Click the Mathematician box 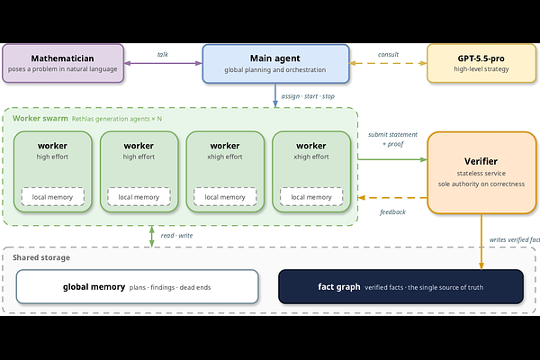pos(63,63)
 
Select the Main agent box pos(276,64)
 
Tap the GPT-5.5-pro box pos(481,63)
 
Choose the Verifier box pos(481,173)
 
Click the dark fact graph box pos(400,286)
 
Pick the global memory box pos(137,286)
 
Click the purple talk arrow pos(163,63)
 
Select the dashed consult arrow pos(388,63)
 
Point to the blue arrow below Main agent pos(275,95)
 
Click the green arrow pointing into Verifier pos(392,159)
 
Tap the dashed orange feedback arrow pos(392,198)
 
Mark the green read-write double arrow pos(152,237)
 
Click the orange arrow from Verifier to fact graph pos(481,242)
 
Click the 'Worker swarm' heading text pos(40,119)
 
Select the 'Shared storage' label pos(41,257)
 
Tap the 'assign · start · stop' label pos(308,96)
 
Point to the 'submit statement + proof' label pos(392,139)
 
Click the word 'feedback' pos(392,211)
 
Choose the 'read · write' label pos(176,236)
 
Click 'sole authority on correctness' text pos(481,184)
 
